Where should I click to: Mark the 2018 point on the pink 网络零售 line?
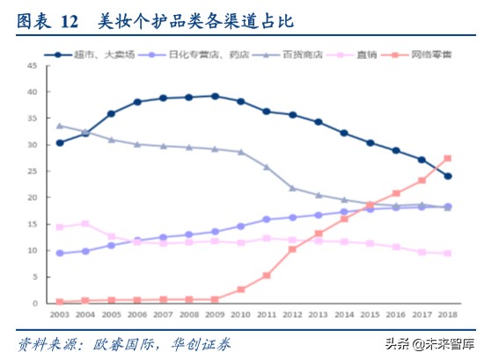447,158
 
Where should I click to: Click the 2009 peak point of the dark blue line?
215,96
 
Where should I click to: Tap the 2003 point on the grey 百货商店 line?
59,125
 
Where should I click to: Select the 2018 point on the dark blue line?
447,176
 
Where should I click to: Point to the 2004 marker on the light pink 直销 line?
85,224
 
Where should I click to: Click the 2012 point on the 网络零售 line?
292,249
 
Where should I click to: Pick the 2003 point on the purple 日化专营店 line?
59,253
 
